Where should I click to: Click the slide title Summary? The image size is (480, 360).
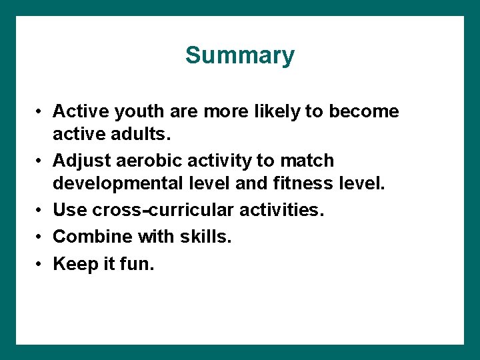tap(239, 55)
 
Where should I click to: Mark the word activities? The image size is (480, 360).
tap(283, 210)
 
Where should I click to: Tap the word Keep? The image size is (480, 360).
tap(75, 264)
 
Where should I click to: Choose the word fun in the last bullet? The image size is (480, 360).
tap(139, 264)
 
